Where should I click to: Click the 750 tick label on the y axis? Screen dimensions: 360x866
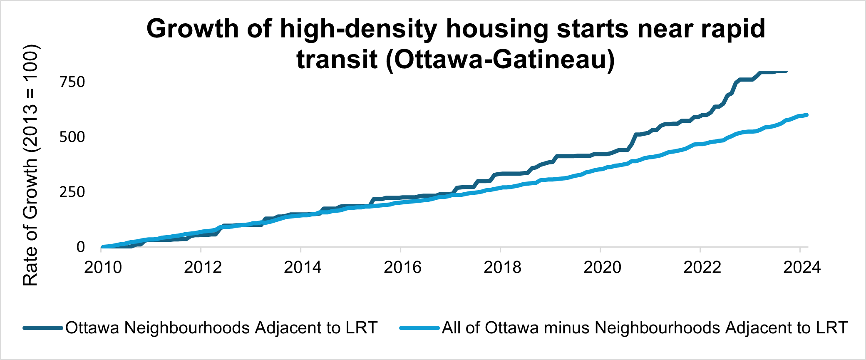[x=72, y=82]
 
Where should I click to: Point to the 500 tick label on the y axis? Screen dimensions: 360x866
[x=72, y=137]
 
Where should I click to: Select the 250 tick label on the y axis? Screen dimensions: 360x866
[x=72, y=192]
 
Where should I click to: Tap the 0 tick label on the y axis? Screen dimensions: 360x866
[x=81, y=247]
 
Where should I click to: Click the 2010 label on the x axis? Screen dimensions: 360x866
[x=103, y=267]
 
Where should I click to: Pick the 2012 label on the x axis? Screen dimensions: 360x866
[x=203, y=267]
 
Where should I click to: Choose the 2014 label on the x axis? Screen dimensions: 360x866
[x=303, y=267]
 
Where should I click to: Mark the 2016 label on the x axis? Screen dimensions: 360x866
[x=402, y=267]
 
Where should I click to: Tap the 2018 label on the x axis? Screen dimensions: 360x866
[x=502, y=267]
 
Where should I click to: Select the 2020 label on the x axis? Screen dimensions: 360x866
[x=602, y=267]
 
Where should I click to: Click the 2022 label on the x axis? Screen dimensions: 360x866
[x=702, y=267]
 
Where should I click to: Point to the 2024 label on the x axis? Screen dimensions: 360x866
[x=802, y=267]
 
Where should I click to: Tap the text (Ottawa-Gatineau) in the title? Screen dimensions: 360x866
[x=500, y=60]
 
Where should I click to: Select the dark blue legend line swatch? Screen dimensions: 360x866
[x=43, y=328]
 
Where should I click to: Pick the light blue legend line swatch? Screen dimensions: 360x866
[x=419, y=328]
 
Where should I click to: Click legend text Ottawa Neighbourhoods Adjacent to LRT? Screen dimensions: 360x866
[x=221, y=328]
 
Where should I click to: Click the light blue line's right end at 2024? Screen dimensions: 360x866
[x=806, y=115]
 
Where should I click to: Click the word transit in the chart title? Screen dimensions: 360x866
[x=337, y=60]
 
